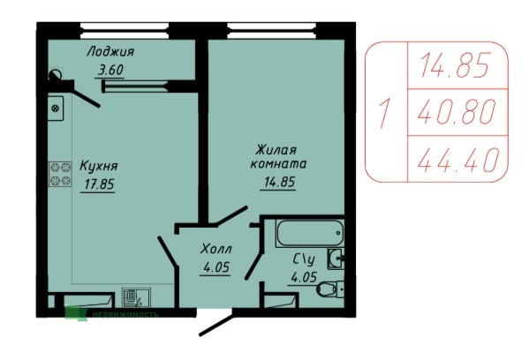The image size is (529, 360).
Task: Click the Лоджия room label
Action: tap(110, 52)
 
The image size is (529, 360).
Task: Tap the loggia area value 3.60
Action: tap(110, 70)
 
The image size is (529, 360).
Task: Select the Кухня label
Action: tap(99, 166)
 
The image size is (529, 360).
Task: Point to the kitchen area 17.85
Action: tap(99, 184)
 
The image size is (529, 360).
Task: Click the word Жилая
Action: tap(276, 150)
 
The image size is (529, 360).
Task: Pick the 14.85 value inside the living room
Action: tap(279, 182)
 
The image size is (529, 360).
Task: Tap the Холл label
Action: tap(215, 249)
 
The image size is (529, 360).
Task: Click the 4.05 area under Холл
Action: tap(216, 267)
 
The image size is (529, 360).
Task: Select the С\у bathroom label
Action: tap(304, 259)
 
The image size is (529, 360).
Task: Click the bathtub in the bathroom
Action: tap(310, 233)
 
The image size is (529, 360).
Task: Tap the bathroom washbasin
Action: tap(336, 259)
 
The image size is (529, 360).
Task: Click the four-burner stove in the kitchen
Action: tap(60, 175)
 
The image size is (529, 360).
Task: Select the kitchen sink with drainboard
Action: tap(136, 297)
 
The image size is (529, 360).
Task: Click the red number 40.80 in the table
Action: tap(457, 112)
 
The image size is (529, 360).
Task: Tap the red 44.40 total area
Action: tap(457, 160)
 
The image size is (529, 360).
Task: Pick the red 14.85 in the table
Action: tap(455, 65)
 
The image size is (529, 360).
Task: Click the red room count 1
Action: tap(384, 113)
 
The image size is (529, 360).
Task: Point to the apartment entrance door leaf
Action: tap(215, 326)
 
